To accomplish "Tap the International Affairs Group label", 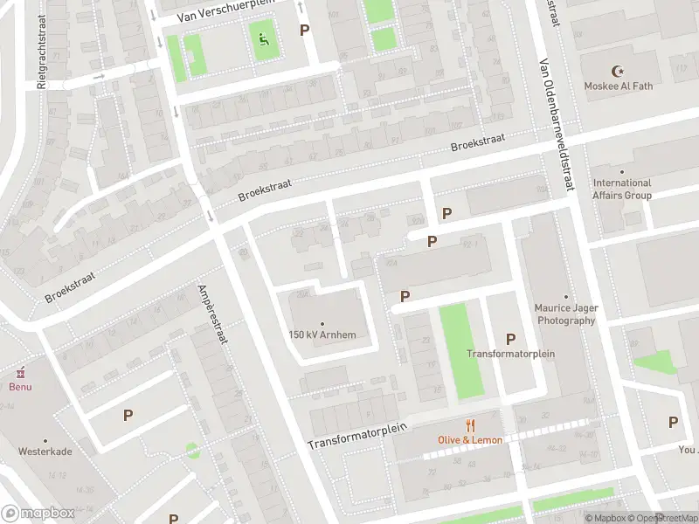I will pos(622,189).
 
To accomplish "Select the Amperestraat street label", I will pos(212,314).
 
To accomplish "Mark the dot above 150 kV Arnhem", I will pos(322,323).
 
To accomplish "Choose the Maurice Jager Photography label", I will pos(565,314).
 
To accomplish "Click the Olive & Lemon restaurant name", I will pos(470,439).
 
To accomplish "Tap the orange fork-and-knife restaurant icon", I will pos(471,425).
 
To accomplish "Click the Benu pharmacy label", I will pos(20,386).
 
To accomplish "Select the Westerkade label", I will pos(45,452).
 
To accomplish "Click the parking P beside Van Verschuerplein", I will pos(304,30).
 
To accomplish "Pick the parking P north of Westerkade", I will pos(128,415).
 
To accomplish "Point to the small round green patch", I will pos(191,451).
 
